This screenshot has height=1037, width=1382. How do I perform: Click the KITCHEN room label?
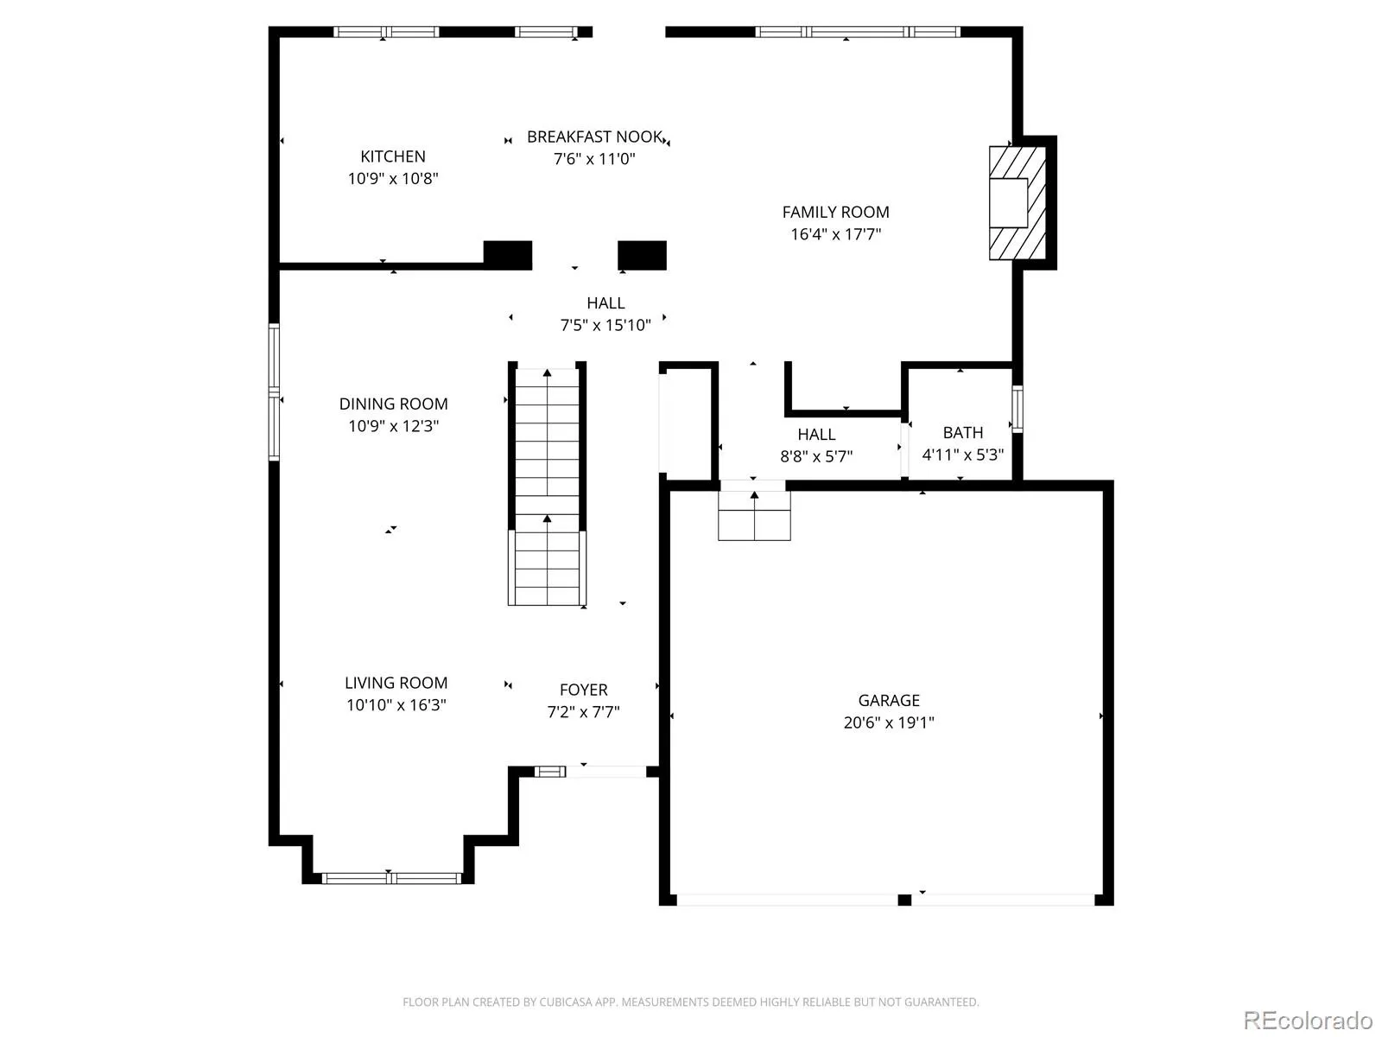[x=392, y=156]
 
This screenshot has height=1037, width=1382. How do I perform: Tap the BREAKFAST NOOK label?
[x=594, y=137]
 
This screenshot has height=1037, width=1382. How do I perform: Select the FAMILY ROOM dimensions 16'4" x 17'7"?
[x=835, y=234]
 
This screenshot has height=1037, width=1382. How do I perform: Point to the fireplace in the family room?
[x=1017, y=203]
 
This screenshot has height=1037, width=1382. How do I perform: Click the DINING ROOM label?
[x=394, y=404]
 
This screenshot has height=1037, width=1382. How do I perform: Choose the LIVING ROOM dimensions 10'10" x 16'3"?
[x=396, y=704]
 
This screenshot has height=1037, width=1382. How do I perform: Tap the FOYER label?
[x=584, y=690]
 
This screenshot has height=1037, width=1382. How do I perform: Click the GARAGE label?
[x=889, y=700]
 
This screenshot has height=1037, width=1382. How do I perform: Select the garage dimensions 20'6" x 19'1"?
[x=889, y=722]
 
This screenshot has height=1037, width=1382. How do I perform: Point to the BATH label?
[x=963, y=433]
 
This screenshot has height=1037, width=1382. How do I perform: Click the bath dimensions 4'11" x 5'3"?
[x=963, y=455]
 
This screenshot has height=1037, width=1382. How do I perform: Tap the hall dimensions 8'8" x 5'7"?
[x=816, y=456]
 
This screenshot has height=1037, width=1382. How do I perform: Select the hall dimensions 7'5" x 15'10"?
[x=605, y=325]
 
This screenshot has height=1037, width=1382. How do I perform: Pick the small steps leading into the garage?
[x=754, y=516]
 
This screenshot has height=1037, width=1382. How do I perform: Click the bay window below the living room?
[x=391, y=878]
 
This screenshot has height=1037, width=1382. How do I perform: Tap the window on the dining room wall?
[x=274, y=391]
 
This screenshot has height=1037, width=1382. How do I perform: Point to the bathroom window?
[x=1017, y=409]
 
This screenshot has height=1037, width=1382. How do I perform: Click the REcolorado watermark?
[x=1308, y=1020]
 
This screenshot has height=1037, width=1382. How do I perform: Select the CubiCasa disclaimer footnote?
[x=691, y=1002]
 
